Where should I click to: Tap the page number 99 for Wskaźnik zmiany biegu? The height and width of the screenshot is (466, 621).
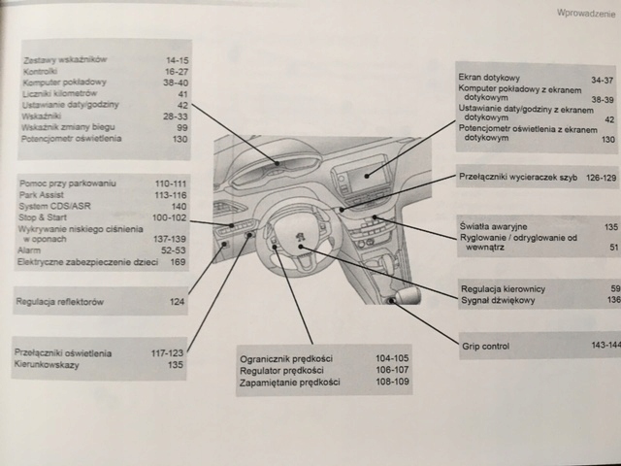(181, 127)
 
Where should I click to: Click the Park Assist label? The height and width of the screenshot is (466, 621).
(42, 194)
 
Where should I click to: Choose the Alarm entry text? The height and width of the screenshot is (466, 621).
(30, 249)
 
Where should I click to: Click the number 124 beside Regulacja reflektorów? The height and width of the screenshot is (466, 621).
(177, 303)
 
